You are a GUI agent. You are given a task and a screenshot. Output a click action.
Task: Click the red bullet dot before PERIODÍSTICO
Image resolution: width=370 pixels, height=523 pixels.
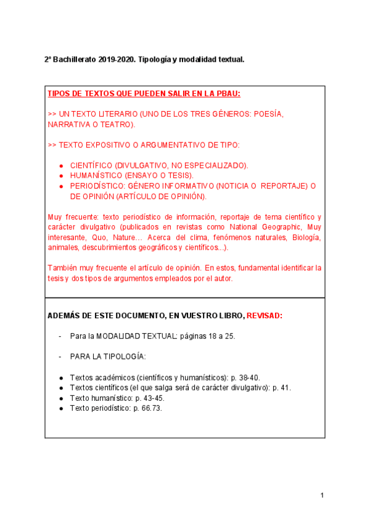pos(61,186)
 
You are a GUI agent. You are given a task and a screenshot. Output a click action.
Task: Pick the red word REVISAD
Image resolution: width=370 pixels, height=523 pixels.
pos(264,316)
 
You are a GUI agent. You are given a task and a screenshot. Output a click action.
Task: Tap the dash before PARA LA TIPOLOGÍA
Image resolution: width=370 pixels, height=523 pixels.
pos(59,357)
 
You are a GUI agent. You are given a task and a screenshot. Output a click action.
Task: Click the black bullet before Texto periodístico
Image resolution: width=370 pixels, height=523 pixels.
pos(61,408)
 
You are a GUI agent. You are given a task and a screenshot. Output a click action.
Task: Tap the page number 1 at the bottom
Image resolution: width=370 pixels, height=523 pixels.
pos(322,495)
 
